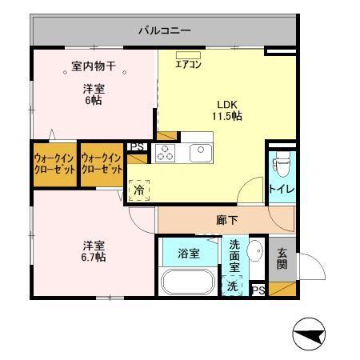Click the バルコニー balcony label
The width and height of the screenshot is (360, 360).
164,31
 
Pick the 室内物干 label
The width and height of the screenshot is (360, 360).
92,69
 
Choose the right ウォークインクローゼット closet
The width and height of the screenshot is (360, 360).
102,164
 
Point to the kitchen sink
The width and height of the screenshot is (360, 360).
198,152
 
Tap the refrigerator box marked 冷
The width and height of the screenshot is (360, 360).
139,190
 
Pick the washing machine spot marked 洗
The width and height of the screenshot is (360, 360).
232,285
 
